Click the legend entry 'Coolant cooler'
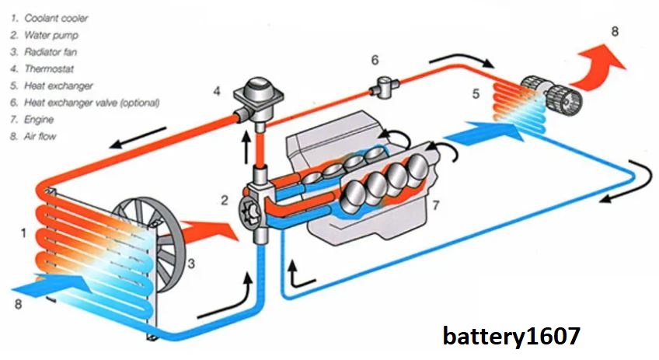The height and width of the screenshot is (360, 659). (56, 17)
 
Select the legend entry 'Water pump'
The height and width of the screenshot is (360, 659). (51, 34)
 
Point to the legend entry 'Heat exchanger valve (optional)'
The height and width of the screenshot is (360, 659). (92, 102)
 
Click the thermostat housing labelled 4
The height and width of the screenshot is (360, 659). (257, 97)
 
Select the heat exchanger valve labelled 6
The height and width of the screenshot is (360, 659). (383, 86)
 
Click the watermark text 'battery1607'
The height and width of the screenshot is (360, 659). (511, 336)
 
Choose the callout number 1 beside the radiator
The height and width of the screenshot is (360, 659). (23, 231)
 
